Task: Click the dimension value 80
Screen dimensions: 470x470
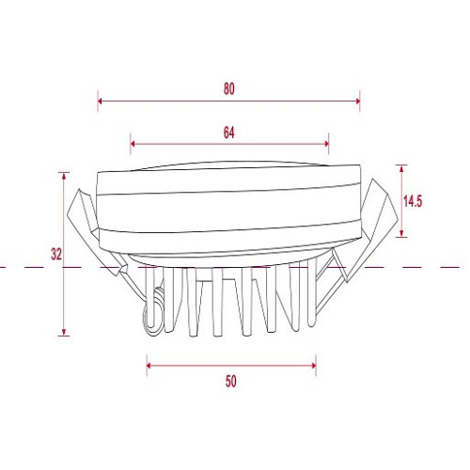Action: (x=229, y=89)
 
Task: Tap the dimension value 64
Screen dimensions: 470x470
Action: (x=229, y=133)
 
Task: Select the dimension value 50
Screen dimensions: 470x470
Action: (x=231, y=382)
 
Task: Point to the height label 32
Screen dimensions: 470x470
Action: (x=56, y=254)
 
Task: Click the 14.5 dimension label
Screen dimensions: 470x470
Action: (x=413, y=201)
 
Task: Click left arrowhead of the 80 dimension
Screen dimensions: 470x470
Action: (x=101, y=101)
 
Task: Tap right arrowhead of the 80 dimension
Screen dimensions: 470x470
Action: (x=357, y=101)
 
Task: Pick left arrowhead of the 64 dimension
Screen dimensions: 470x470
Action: (x=133, y=144)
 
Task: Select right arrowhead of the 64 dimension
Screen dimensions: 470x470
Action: (x=326, y=144)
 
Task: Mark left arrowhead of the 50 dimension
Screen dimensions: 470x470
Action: (x=149, y=366)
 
